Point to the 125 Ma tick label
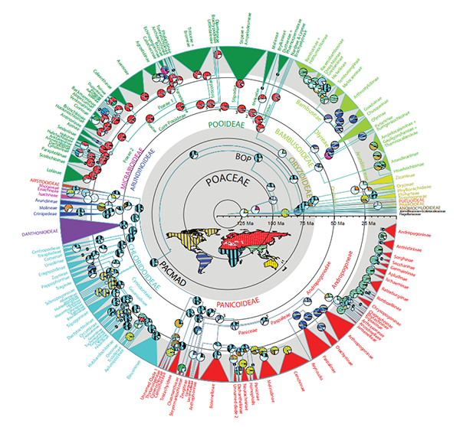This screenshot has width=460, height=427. click(245, 223)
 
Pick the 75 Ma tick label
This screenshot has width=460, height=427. click(305, 223)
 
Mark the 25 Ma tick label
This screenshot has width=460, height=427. click(365, 223)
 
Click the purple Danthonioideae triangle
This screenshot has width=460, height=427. click(69, 229)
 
